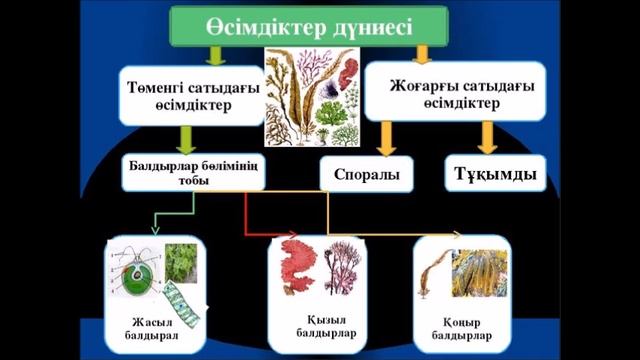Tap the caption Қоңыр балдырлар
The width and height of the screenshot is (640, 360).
462,327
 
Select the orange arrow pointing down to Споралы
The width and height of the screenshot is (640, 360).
389,136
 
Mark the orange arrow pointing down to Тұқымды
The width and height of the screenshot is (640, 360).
488,136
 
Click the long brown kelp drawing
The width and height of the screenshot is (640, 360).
433,278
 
